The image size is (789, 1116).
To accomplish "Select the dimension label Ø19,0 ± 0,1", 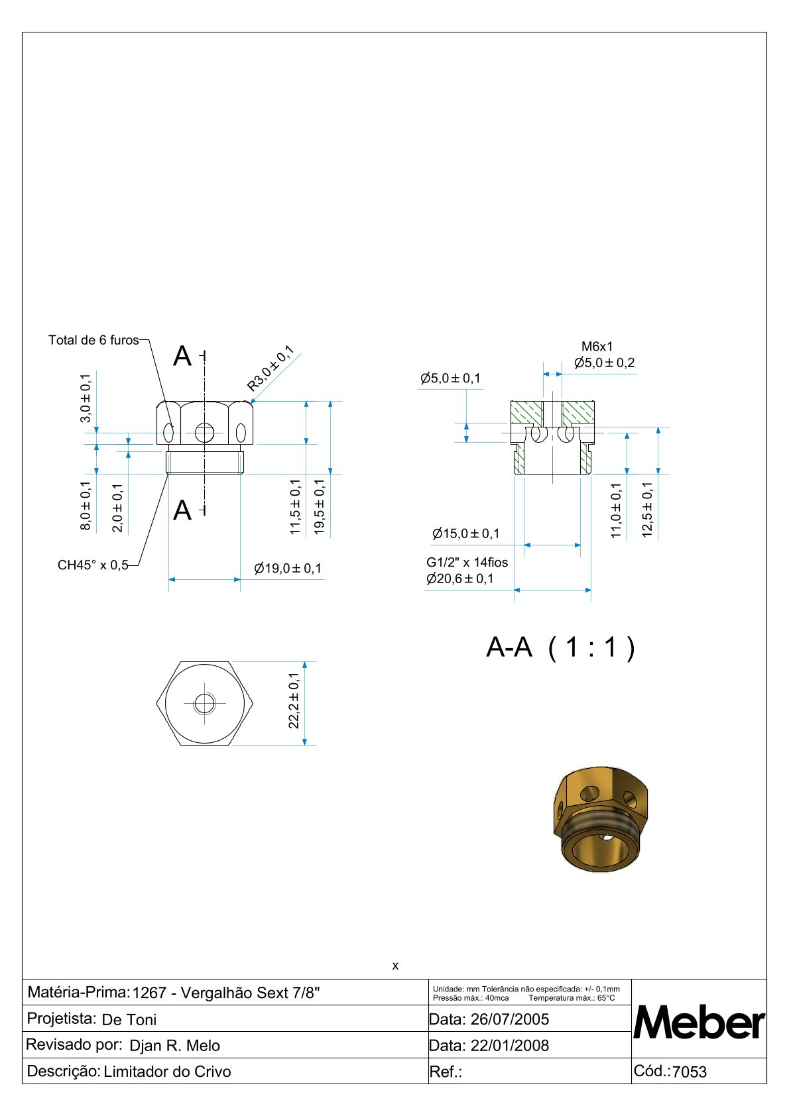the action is (288, 569).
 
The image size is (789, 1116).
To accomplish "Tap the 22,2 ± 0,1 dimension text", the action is (294, 700).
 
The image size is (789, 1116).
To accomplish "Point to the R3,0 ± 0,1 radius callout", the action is (270, 368).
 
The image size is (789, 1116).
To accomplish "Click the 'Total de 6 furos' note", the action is (93, 340).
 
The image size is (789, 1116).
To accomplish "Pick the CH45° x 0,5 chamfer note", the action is (93, 565).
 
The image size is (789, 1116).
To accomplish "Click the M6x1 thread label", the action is (597, 346).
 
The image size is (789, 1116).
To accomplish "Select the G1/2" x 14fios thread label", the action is (467, 562).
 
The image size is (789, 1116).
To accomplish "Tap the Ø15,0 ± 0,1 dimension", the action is (465, 533).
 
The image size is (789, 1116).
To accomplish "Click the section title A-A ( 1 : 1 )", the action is (560, 647).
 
